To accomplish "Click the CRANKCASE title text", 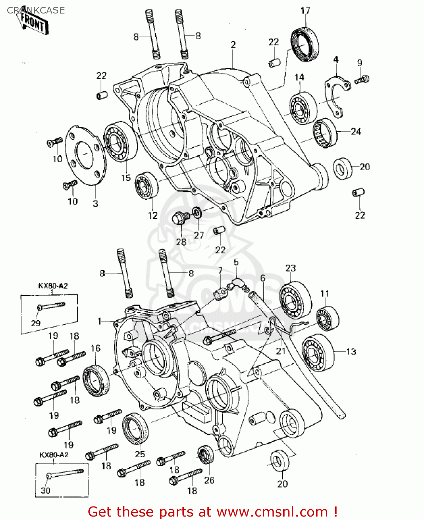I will pyautogui.click(x=36, y=10).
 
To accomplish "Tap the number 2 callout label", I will pyautogui.click(x=233, y=45).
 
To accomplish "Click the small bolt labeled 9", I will pyautogui.click(x=362, y=80).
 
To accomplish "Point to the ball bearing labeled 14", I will pyautogui.click(x=303, y=108).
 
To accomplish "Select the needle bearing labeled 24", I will pyautogui.click(x=325, y=133).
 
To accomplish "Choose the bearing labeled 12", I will pyautogui.click(x=146, y=185).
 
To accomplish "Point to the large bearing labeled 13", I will pyautogui.click(x=318, y=353).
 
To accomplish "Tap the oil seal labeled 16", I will pyautogui.click(x=96, y=381).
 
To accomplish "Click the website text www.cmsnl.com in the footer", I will pyautogui.click(x=272, y=512).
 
